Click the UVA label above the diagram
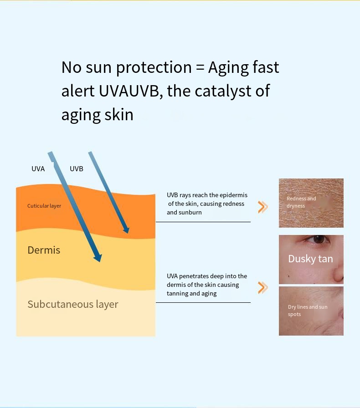coord(38,169)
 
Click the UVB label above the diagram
coord(77,169)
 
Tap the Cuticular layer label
coord(44,206)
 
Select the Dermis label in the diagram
coord(44,250)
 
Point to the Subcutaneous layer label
coord(73,305)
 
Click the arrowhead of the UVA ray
coord(98,257)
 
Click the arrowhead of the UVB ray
coord(126,229)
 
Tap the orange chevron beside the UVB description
coord(263,207)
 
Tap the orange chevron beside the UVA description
coord(263,288)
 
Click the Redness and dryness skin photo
coord(311,203)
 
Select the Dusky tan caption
coord(310,259)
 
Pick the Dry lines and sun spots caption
coord(308,311)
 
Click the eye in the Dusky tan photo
coord(317,239)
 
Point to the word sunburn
coord(191,212)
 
